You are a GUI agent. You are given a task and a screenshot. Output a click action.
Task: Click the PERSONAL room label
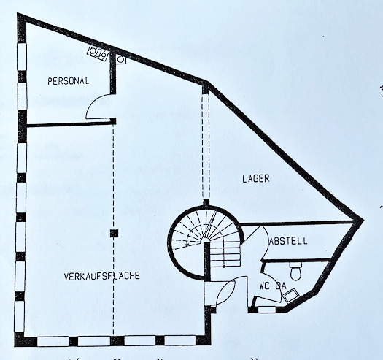coord(68,81)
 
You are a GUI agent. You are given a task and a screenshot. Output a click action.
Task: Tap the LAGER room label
coord(256,178)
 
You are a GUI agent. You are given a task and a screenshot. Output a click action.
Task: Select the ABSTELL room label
coord(288,241)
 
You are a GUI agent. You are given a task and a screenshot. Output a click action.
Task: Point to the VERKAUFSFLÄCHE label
coord(101,276)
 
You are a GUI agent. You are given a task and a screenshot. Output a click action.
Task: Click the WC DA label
coord(273,286)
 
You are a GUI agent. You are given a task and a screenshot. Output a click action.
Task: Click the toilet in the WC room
coord(295,271)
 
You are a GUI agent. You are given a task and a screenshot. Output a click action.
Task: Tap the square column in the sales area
coord(114,234)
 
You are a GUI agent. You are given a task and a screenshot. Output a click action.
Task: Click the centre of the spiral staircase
coord(206,242)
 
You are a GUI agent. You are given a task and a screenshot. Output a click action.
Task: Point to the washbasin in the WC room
coord(290,296)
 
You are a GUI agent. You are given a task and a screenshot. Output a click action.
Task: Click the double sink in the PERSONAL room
coord(98,53)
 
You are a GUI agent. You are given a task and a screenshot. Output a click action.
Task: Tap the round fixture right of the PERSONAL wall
coord(120,59)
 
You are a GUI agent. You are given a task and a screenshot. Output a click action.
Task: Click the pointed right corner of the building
coord(363,220)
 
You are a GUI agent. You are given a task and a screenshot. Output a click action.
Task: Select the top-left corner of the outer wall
coord(18,13)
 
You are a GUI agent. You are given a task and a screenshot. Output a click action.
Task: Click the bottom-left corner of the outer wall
coord(15,345)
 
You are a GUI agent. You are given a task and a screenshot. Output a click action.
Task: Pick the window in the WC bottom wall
coord(267,310)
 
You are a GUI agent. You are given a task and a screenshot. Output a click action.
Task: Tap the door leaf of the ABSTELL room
coord(252,234)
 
